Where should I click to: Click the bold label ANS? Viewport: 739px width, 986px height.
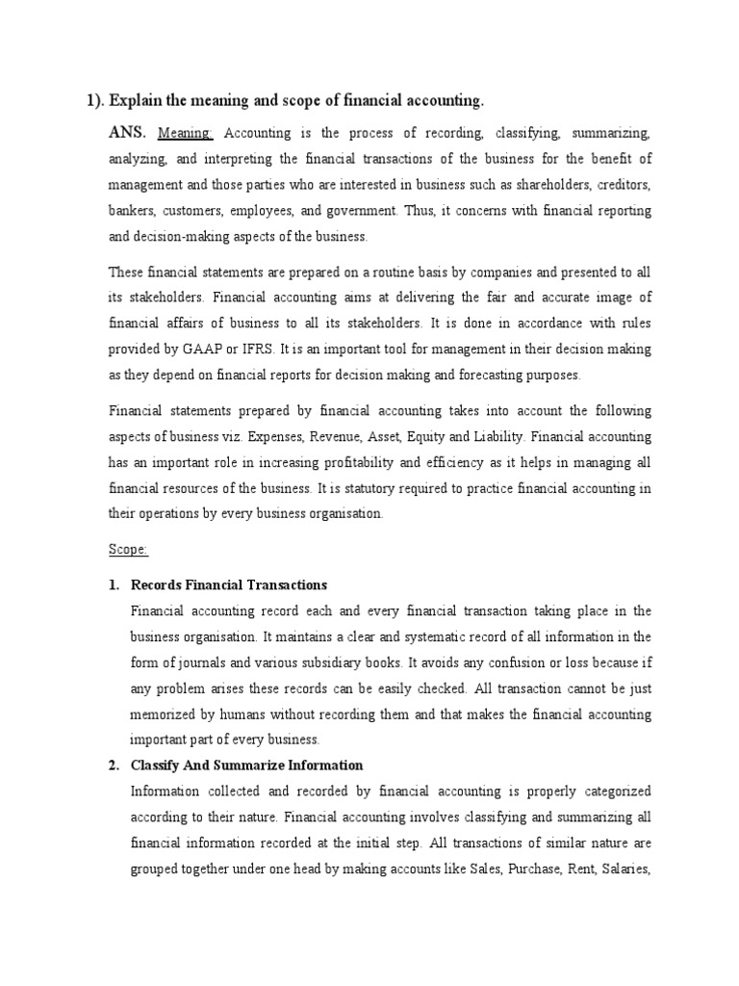(x=127, y=131)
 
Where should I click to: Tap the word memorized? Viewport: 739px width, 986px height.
(x=165, y=714)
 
